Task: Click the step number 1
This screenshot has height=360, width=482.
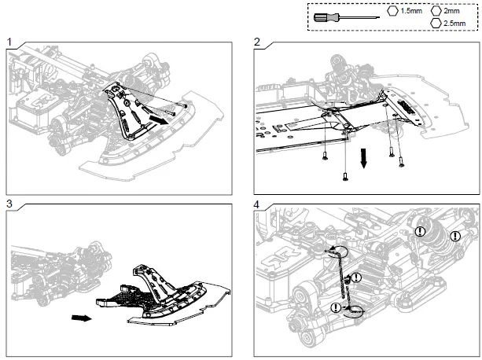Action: point(9,41)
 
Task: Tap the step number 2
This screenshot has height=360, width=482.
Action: point(258,41)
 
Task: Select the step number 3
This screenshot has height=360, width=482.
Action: point(9,203)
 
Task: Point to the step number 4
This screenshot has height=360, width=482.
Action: point(258,203)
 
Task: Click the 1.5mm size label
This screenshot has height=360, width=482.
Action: point(412,12)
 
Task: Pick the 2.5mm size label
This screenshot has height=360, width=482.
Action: point(454,24)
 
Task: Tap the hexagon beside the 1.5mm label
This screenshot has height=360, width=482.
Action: point(393,12)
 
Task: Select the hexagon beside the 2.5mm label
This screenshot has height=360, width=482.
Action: point(436,24)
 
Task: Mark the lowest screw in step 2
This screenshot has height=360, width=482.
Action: point(345,177)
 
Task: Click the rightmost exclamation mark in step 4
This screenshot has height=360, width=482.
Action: point(454,234)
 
